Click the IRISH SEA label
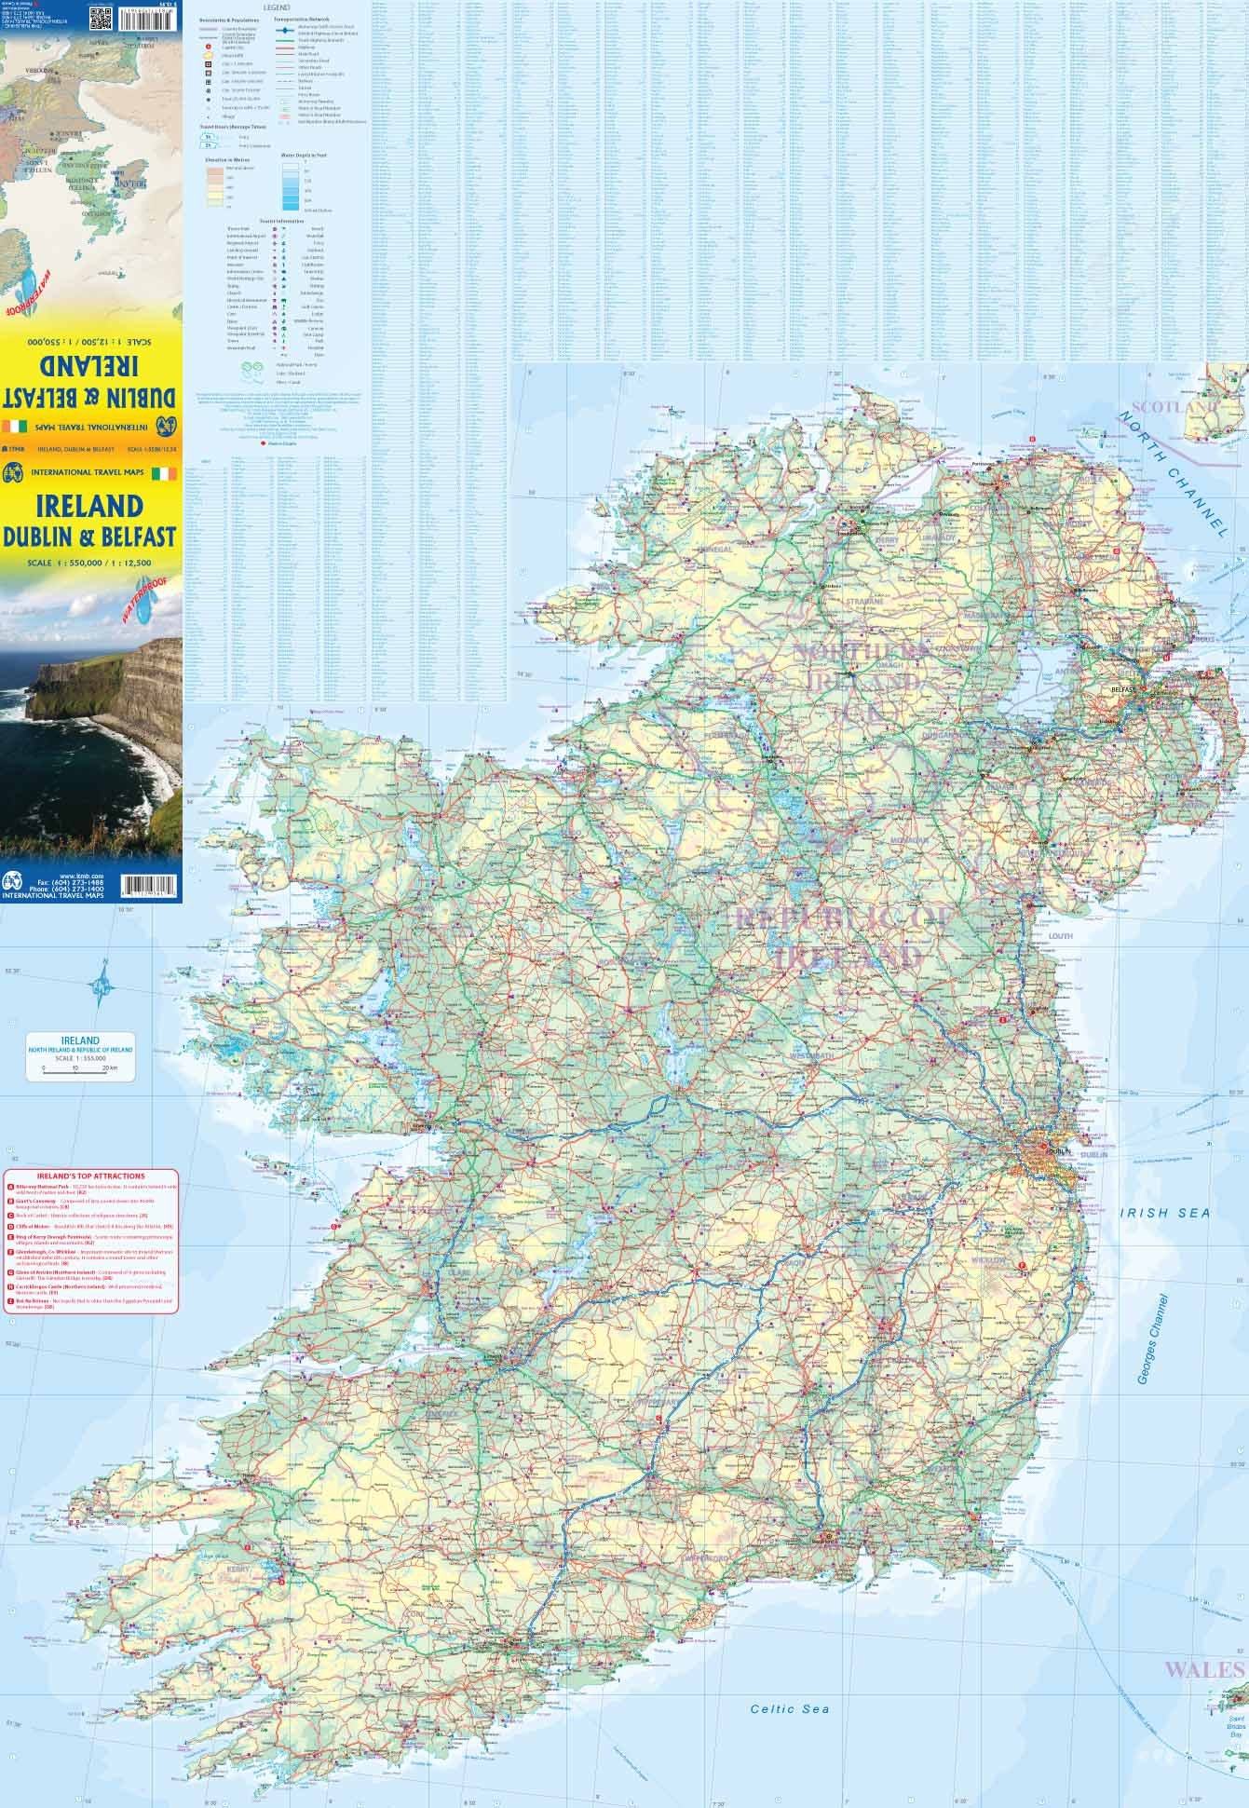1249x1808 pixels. point(1164,1213)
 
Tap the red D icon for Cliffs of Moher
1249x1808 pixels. point(10,1227)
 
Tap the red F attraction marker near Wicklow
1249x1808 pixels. point(1022,1265)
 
